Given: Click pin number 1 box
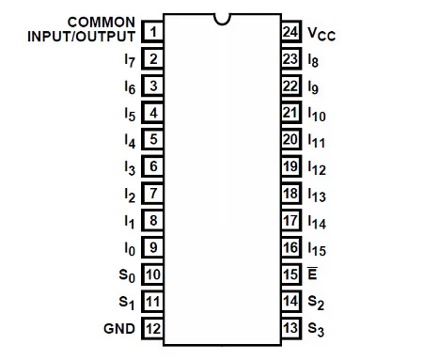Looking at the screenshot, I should (x=151, y=33).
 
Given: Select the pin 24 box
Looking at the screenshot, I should (x=290, y=33).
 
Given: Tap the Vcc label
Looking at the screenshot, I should (x=321, y=34).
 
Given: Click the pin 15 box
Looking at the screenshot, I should (x=290, y=274).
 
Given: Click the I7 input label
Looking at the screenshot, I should (x=129, y=60).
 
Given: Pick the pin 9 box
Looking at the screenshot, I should (x=151, y=247).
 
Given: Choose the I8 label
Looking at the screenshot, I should (x=314, y=60).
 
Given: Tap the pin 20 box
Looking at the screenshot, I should (x=290, y=140).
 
